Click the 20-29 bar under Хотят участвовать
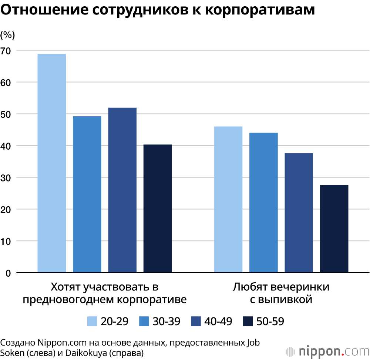(x=52, y=163)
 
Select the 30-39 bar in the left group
(x=87, y=194)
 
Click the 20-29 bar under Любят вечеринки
(x=228, y=200)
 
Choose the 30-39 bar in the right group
(x=263, y=203)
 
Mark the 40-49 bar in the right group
(x=299, y=213)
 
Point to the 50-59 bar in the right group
(x=334, y=229)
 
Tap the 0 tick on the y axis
(x=8, y=273)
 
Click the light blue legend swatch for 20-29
(x=92, y=321)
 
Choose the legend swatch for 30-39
(x=144, y=321)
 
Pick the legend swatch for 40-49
(x=196, y=321)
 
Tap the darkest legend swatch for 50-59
(x=248, y=321)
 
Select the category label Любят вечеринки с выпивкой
(x=281, y=293)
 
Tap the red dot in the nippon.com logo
(x=343, y=354)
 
